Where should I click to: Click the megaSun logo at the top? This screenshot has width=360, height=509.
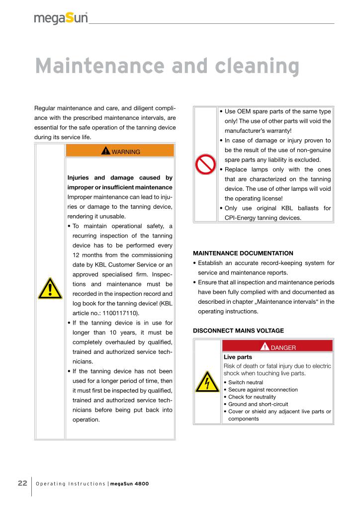pos(61,18)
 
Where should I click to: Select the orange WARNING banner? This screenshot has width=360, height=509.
pos(119,151)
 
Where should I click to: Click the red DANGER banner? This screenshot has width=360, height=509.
pos(277,347)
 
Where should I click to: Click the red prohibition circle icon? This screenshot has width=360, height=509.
pos(205,165)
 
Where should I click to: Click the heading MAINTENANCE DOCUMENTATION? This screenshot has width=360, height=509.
pos(243,253)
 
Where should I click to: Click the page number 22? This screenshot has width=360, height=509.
pos(22,483)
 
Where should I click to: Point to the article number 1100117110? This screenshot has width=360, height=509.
pos(119,313)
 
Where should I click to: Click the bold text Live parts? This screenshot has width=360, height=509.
pos(238,357)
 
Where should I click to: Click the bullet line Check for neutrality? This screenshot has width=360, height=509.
pos(252,397)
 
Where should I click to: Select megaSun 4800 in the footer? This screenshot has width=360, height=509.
pos(129,484)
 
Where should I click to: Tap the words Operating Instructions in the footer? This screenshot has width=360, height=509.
pos(71,484)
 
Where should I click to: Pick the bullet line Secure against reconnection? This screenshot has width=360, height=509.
pos(263,390)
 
